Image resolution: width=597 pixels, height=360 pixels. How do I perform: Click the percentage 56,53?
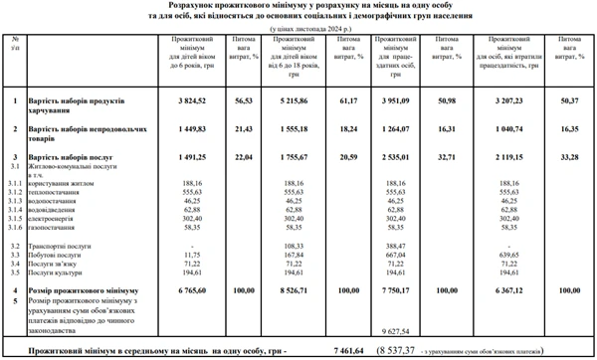(x=245, y=100)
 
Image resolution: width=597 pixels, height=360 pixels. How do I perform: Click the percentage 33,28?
(x=569, y=158)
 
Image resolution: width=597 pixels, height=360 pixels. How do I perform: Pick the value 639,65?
(x=507, y=253)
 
